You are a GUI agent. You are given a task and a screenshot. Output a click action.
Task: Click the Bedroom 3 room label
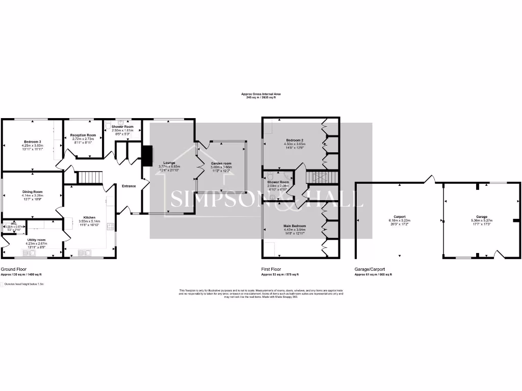pyautogui.click(x=32, y=142)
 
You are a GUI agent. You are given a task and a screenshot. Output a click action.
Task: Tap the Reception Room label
pyautogui.click(x=83, y=135)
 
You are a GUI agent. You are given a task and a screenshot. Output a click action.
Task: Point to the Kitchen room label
pyautogui.click(x=90, y=217)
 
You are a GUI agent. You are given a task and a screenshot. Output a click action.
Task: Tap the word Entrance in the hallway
pyautogui.click(x=128, y=186)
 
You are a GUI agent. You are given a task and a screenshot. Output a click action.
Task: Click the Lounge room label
pyautogui.click(x=169, y=163)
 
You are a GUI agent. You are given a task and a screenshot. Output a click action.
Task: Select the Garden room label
pyautogui.click(x=221, y=163)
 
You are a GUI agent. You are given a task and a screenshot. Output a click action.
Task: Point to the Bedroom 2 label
pyautogui.click(x=295, y=140)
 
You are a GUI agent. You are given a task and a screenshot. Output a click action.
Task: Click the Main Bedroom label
pyautogui.click(x=295, y=226)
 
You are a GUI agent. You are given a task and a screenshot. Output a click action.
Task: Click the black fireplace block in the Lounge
pyautogui.click(x=147, y=156)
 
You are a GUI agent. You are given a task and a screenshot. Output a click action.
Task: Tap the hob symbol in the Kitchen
pyautogui.click(x=110, y=227)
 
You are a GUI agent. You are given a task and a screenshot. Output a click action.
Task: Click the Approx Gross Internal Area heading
pyautogui.click(x=261, y=94)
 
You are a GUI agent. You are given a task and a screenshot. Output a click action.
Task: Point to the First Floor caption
pyautogui.click(x=271, y=269)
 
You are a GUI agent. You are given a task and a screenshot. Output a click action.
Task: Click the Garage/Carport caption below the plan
pyautogui.click(x=370, y=269)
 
